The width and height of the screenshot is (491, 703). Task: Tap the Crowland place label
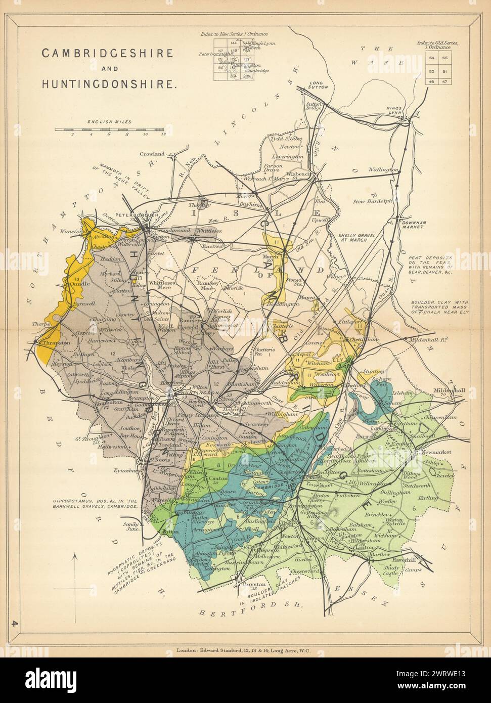154,153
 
